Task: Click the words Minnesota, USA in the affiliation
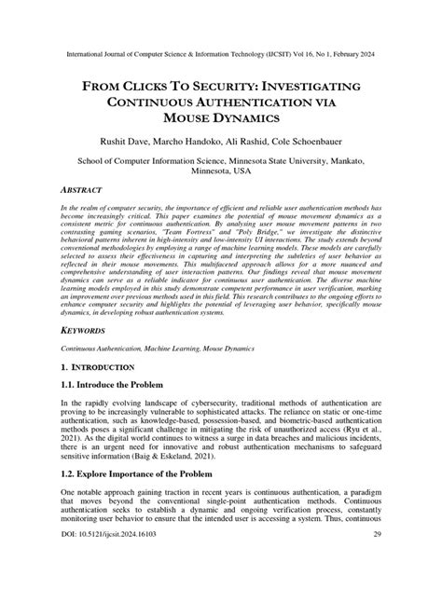pyautogui.click(x=221, y=171)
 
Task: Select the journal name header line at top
pyautogui.click(x=221, y=54)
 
